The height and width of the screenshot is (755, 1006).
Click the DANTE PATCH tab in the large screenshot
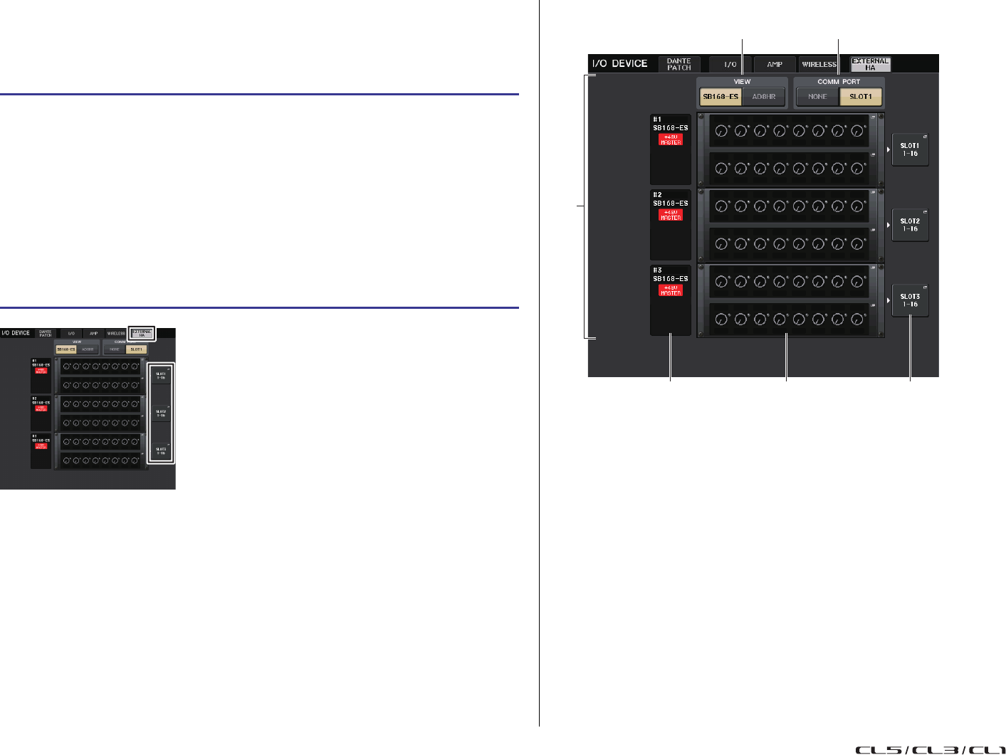[679, 64]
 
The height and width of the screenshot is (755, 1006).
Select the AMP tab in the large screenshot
[774, 65]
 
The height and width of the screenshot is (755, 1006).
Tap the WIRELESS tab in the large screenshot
[819, 65]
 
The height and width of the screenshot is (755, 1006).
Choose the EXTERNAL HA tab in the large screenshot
[870, 64]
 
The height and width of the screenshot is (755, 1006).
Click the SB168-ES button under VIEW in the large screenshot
[721, 97]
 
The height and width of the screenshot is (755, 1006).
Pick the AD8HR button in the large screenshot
[764, 97]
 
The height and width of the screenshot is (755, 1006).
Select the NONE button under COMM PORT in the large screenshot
[817, 97]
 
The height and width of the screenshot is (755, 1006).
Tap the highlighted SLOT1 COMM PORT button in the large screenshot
[861, 97]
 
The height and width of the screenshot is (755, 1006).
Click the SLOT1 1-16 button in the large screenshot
[910, 149]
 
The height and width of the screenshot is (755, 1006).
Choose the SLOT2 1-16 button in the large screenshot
[910, 225]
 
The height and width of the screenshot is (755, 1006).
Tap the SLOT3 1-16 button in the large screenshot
[910, 300]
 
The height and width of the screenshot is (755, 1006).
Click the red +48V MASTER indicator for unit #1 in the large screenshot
[671, 139]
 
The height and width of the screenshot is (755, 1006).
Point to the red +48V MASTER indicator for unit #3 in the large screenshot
[671, 290]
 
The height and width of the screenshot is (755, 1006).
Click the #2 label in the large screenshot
[657, 194]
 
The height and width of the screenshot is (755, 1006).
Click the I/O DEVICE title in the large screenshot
[619, 64]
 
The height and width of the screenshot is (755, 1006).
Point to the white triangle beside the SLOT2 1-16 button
[888, 225]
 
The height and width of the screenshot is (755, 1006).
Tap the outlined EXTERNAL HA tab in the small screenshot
[141, 333]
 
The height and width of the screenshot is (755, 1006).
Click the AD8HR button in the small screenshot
[88, 349]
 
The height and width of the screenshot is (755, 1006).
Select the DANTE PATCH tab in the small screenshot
[46, 333]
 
